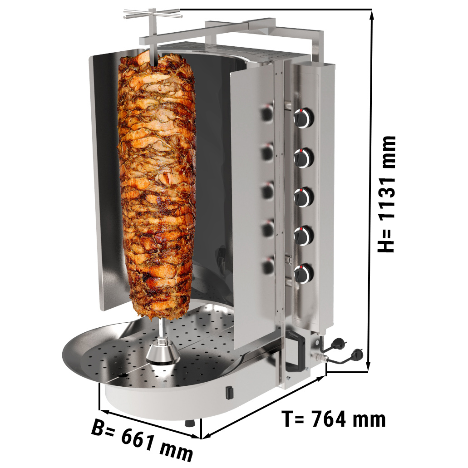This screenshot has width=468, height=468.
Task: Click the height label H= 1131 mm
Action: click(x=386, y=194)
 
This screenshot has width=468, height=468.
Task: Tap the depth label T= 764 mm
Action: click(x=334, y=419)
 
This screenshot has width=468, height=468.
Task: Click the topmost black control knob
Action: click(x=304, y=117)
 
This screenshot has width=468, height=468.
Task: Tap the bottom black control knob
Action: click(x=304, y=273)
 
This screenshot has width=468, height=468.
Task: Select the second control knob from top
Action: click(x=304, y=158)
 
